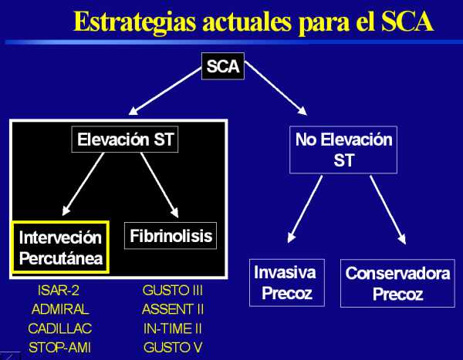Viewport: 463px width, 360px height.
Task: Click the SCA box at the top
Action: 223,66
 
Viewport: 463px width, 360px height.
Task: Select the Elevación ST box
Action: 125,140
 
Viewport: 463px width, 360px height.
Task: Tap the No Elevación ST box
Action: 343,150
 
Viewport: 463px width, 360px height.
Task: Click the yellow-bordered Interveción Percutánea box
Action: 60,247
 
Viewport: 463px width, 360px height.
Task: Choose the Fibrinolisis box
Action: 171,236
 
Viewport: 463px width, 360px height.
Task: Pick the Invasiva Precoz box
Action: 287,283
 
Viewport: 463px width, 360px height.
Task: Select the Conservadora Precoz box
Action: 397,283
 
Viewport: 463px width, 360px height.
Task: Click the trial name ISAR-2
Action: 59,291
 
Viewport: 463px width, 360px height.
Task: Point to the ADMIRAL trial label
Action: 60,309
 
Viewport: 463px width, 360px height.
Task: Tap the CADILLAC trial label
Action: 60,328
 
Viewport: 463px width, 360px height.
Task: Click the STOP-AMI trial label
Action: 59,348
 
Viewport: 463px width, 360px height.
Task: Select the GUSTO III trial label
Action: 172,291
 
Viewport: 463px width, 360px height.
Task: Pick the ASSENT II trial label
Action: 173,309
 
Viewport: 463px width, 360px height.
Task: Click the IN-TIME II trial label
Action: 173,328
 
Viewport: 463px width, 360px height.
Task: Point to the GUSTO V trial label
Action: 173,348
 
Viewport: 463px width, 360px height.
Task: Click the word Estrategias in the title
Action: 134,22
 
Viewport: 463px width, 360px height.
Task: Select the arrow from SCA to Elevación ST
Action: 165,91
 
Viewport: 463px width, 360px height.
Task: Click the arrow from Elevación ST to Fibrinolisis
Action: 160,185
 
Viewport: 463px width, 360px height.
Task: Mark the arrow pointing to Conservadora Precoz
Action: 388,210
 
